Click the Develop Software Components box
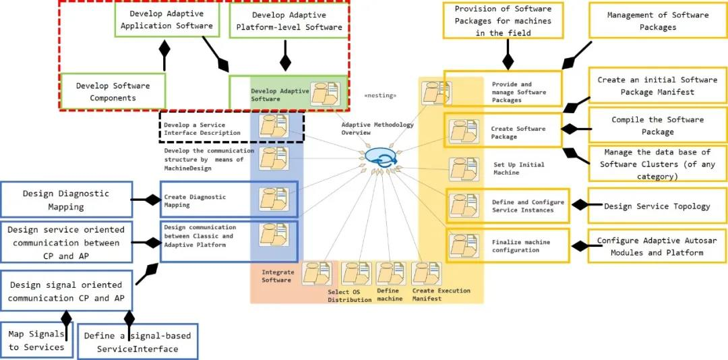click(x=113, y=91)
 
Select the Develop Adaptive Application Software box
click(x=166, y=20)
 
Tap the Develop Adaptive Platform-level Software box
click(x=289, y=22)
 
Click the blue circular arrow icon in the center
click(x=381, y=158)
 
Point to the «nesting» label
click(x=380, y=96)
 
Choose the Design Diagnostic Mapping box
click(x=66, y=200)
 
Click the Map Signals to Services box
click(x=36, y=340)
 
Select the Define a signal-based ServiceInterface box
click(x=138, y=342)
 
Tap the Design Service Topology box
click(x=657, y=206)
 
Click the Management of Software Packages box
click(x=657, y=21)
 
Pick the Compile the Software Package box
click(x=657, y=125)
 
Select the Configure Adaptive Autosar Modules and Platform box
click(x=657, y=246)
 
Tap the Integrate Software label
click(x=277, y=276)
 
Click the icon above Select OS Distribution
click(x=356, y=274)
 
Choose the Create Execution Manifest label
click(x=441, y=295)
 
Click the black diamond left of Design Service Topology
click(x=580, y=204)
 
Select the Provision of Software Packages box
click(x=503, y=20)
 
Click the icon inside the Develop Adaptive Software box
click(x=325, y=93)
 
